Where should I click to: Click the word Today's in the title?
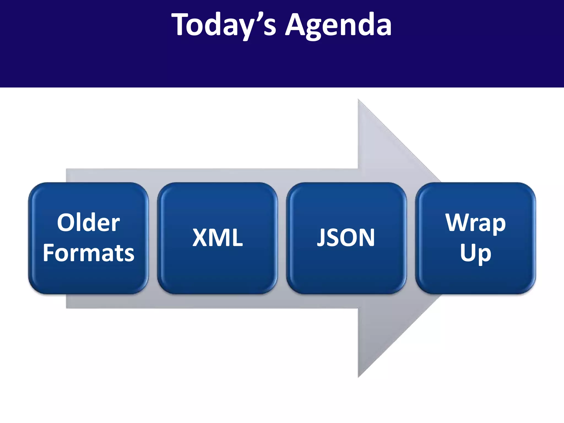click(223, 25)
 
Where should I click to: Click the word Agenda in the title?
click(338, 25)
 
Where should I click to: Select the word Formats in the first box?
click(88, 253)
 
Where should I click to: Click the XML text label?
click(217, 238)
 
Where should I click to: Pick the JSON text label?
click(346, 238)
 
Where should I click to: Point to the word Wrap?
click(476, 223)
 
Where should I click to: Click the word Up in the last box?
click(476, 253)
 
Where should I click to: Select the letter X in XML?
click(200, 238)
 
